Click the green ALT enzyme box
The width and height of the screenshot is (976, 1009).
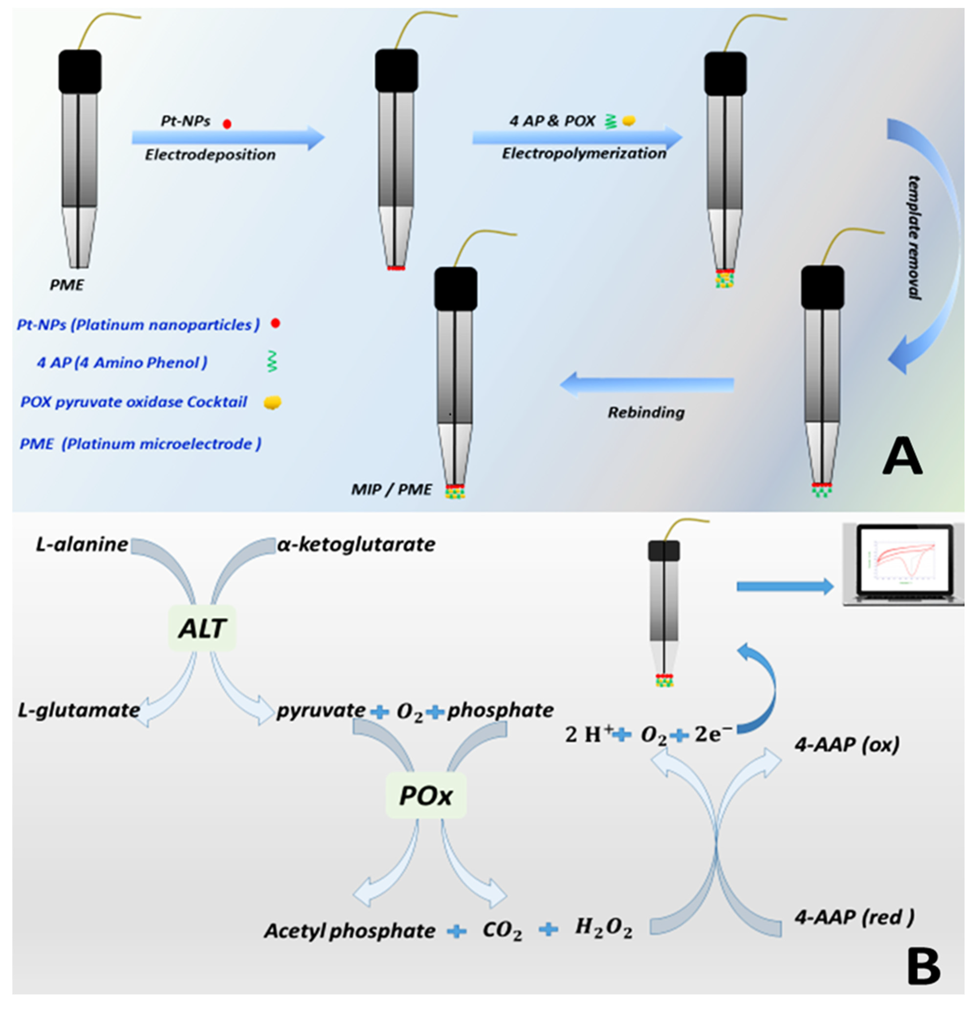202,628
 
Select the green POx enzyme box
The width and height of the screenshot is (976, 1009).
425,795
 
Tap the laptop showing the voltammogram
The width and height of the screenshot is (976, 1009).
902,565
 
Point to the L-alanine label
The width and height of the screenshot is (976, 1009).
81,544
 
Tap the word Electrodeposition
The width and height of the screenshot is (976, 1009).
210,154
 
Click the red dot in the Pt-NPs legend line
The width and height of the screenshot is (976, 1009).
275,323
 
